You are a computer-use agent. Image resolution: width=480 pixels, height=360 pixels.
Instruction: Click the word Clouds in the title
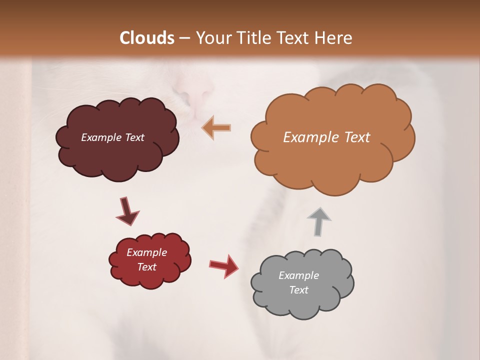(147, 38)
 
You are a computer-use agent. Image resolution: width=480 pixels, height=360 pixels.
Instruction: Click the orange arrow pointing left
(216, 128)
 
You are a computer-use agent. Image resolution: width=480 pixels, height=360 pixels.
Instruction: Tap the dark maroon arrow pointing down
(126, 211)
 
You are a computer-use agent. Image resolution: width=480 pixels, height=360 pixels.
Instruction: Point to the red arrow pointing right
(224, 265)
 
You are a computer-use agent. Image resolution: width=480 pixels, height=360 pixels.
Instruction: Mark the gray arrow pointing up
(319, 220)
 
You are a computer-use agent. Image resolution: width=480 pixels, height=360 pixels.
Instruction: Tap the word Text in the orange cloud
(357, 137)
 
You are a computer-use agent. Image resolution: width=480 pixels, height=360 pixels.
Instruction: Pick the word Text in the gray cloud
(298, 290)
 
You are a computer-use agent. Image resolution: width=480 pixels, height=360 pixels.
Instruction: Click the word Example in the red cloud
(146, 252)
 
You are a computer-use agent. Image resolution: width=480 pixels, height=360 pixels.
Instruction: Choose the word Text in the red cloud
(146, 267)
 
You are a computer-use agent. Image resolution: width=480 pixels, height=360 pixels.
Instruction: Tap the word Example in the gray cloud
(298, 275)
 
